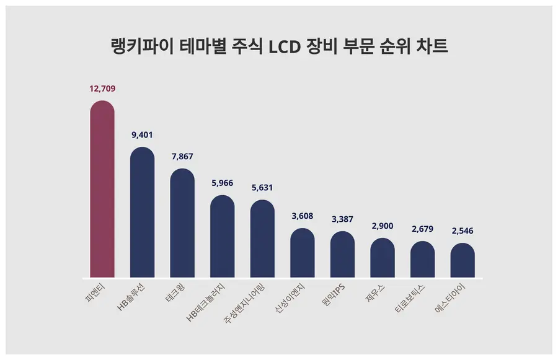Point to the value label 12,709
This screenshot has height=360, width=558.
pos(102,89)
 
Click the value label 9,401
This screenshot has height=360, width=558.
pos(142,134)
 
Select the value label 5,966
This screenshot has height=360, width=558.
pos(223,183)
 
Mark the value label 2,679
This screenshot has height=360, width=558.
pos(423,229)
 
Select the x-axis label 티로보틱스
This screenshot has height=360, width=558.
pos(414,299)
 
